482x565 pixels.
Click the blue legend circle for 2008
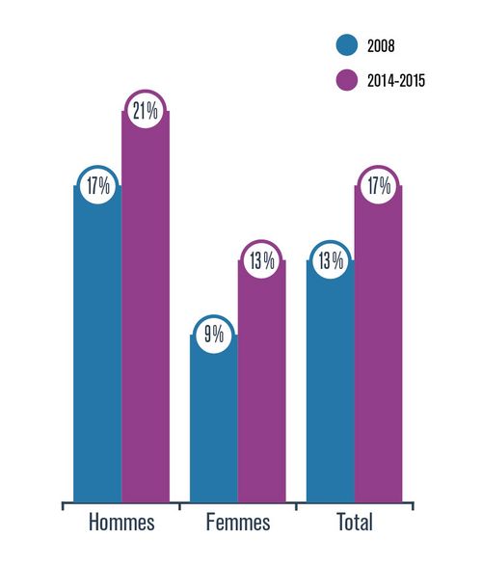[347, 45]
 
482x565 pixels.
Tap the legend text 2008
[381, 45]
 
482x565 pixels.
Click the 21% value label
[146, 112]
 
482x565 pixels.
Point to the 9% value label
[214, 334]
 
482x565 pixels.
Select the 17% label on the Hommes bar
[97, 186]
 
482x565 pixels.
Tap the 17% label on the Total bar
[378, 186]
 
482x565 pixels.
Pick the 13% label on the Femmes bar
[262, 260]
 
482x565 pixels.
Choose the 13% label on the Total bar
[331, 260]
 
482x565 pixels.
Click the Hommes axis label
[121, 524]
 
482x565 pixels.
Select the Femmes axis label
[238, 524]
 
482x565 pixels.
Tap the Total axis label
[354, 524]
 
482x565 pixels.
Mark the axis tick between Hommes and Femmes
[179, 505]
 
